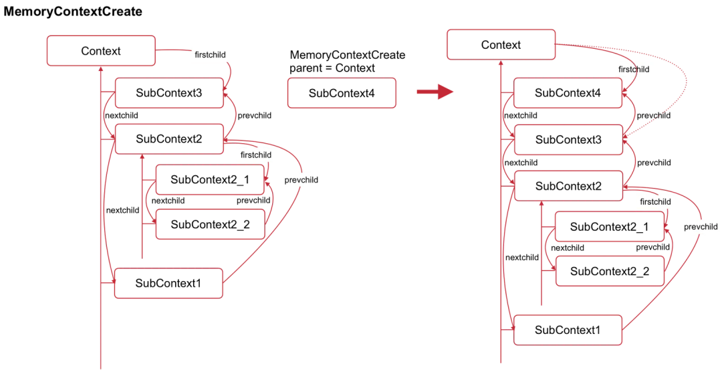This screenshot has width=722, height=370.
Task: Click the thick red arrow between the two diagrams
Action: [435, 92]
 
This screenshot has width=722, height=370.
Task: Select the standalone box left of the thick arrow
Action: [342, 93]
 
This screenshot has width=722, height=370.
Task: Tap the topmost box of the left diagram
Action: [101, 51]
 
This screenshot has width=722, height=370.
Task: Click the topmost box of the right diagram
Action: [501, 44]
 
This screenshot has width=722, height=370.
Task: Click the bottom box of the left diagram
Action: [168, 283]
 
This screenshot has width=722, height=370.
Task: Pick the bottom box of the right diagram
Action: [568, 330]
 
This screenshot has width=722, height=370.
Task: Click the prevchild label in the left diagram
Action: [300, 180]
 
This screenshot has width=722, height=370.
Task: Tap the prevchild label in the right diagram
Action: [701, 227]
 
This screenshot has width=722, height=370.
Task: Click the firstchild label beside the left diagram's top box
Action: [210, 55]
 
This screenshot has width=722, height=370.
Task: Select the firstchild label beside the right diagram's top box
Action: [633, 69]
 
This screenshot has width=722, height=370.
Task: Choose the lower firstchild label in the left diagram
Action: [256, 155]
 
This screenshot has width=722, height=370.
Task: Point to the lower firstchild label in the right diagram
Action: [655, 202]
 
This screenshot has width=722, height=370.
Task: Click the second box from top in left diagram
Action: [168, 93]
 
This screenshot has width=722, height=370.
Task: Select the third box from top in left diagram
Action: [168, 139]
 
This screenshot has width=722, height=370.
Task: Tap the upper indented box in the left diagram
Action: [210, 179]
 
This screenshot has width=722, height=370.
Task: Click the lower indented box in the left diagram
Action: [210, 224]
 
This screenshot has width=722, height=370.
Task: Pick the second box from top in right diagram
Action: [568, 93]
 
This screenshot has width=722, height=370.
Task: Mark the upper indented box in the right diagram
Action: [610, 226]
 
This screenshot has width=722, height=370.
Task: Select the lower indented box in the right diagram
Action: [610, 271]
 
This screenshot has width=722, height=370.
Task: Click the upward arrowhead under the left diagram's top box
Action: [100, 70]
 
